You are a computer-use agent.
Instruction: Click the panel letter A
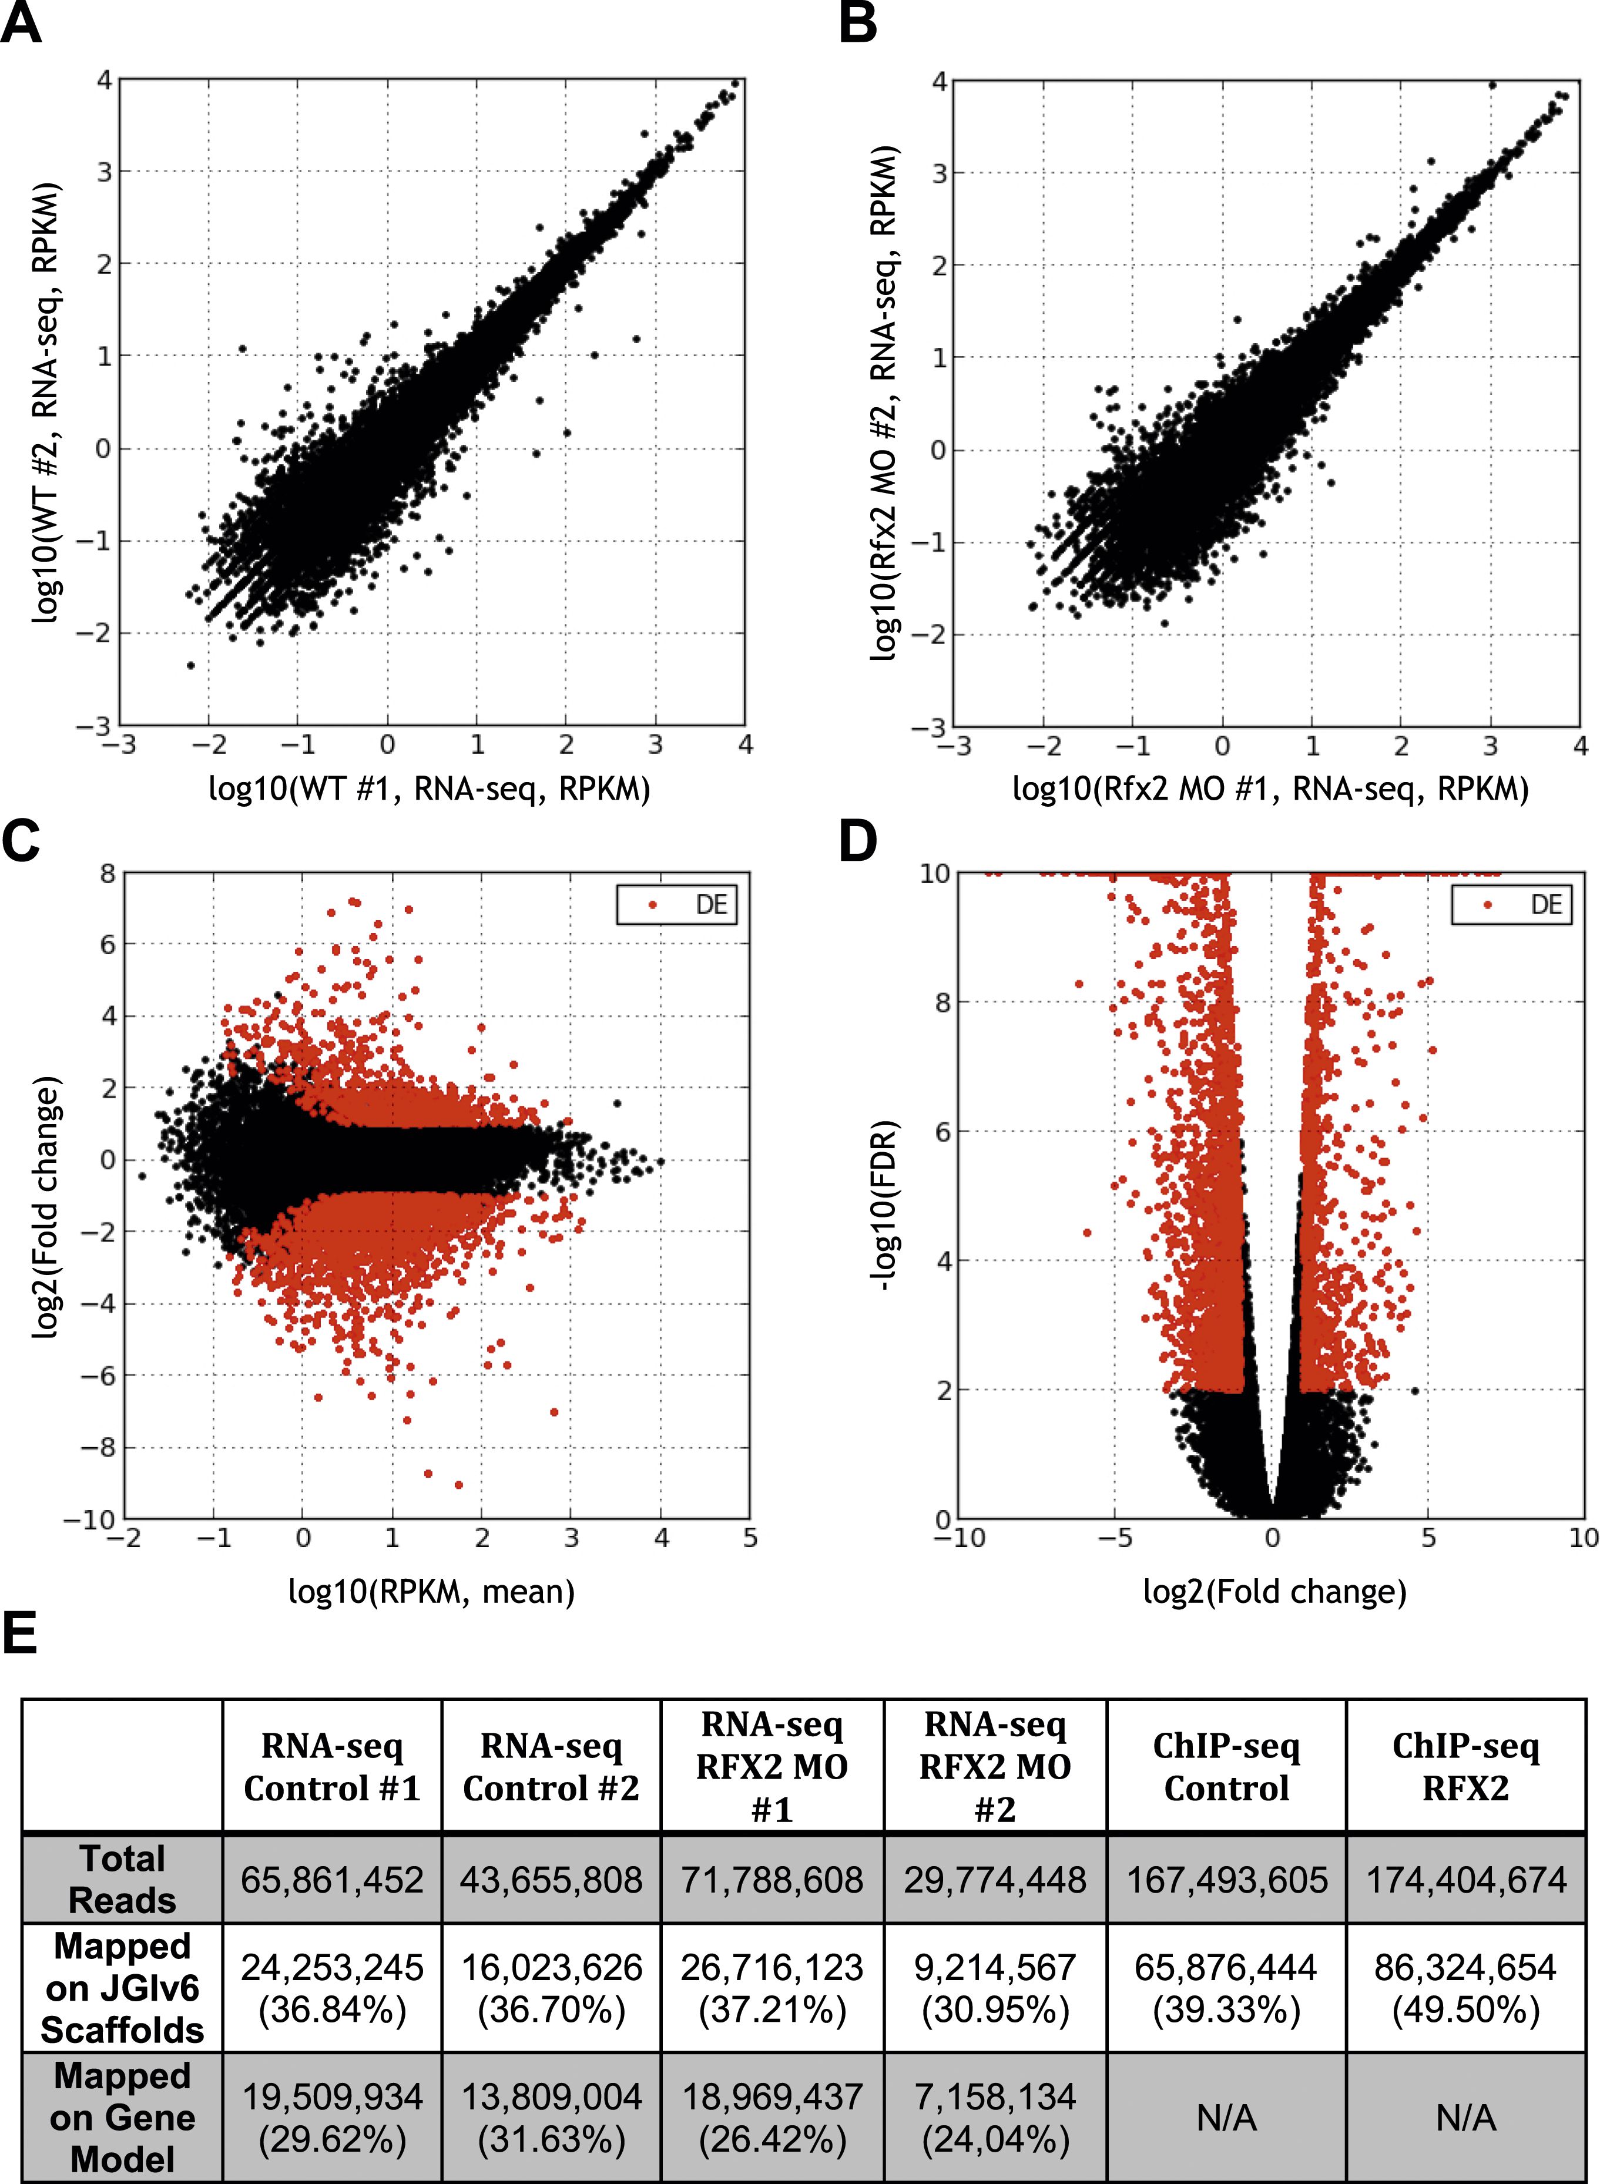pos(21,24)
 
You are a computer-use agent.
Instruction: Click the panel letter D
pos(858,841)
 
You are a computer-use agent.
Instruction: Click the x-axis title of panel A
pos(429,789)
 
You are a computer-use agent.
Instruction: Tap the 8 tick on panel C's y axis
pos(106,874)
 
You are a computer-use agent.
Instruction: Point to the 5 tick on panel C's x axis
pos(750,1538)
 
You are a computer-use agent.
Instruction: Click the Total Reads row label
pos(122,1879)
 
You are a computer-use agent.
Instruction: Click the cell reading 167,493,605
pos(1226,1880)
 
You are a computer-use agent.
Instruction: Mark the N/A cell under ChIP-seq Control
pos(1226,2118)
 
